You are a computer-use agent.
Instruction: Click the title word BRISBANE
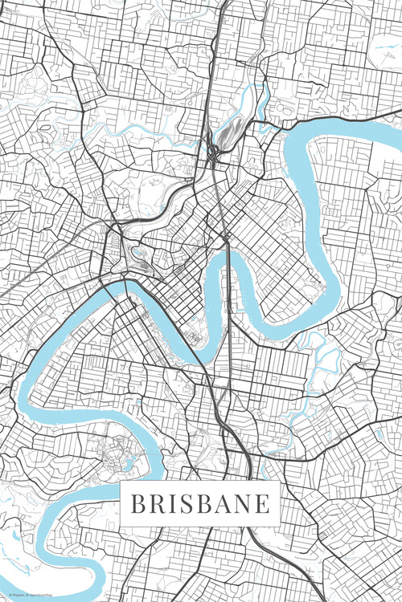click(199, 504)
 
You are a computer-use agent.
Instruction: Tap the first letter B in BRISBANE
click(137, 504)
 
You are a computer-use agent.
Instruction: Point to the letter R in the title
click(157, 504)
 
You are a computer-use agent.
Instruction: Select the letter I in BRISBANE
click(171, 504)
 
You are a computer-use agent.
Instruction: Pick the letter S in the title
click(185, 504)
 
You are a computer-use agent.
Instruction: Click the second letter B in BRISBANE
click(203, 504)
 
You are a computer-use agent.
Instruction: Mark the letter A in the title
click(222, 504)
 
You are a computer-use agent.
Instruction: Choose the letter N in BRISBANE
click(242, 504)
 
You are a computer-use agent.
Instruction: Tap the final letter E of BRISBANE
click(261, 504)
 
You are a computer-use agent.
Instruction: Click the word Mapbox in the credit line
click(17, 596)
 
